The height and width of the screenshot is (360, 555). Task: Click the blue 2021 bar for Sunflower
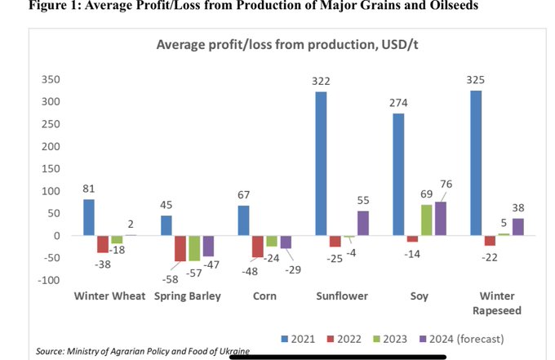coord(321,163)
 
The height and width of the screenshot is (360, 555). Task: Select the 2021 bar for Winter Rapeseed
coord(476,162)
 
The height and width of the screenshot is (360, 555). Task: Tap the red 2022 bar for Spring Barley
coord(180,248)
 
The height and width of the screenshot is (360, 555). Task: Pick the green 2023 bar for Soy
coord(427,220)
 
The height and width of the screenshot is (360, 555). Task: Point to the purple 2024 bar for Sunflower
coord(363,224)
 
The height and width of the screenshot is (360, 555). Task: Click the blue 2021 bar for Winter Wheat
coord(89,217)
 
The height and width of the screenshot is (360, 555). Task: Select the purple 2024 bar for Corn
coord(286,242)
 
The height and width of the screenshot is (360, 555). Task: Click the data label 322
coord(321,82)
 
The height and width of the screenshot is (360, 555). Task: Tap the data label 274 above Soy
coord(398,103)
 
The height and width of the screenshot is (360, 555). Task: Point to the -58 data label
coord(171,279)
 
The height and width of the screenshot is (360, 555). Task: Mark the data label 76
coord(446,184)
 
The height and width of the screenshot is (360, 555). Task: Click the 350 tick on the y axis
coord(51,79)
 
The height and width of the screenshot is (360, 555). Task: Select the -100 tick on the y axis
coord(48,280)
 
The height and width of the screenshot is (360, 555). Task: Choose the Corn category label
coord(264,296)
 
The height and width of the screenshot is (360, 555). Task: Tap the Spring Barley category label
coord(188,296)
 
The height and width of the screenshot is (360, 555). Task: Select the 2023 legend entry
coord(390,339)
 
